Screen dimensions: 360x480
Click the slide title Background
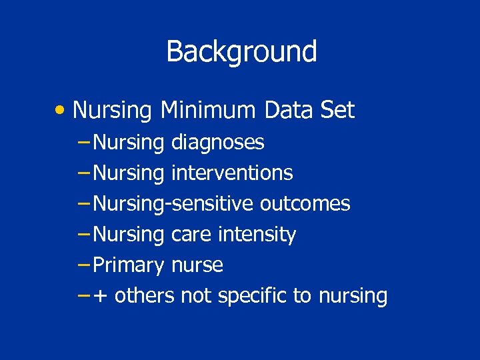pos(241,51)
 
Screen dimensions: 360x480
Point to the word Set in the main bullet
pos(337,110)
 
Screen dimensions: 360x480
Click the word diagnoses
pos(217,142)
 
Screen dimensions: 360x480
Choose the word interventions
pos(232,173)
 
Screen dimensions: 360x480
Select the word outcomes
pos(305,203)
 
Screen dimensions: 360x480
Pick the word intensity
pos(257,235)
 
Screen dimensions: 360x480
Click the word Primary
pos(129,265)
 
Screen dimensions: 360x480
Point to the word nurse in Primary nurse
pos(197,265)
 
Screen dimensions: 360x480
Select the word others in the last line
pos(144,295)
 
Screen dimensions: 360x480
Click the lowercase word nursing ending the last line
pos(353,296)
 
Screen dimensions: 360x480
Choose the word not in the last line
pos(196,295)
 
